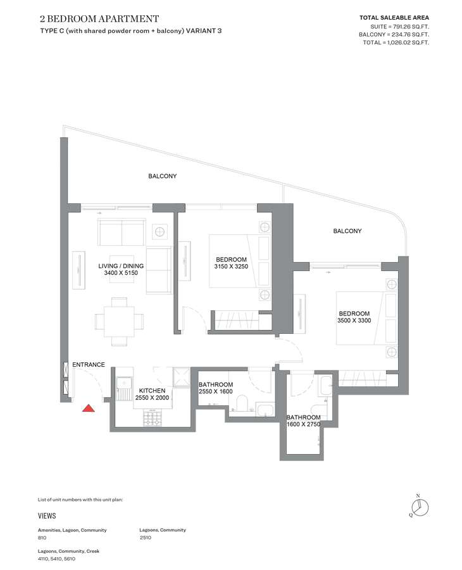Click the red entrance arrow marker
[88, 408]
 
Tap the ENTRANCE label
[88, 364]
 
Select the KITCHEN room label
[152, 390]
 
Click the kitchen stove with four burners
[152, 417]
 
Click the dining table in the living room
[119, 321]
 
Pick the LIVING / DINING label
[121, 266]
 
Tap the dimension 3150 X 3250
[231, 267]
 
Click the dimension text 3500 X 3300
[354, 320]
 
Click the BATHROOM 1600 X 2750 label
[303, 421]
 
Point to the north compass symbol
[420, 507]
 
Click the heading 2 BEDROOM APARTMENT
[99, 18]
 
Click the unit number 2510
[146, 537]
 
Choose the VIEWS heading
[47, 516]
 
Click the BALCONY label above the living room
[163, 176]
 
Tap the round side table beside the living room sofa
[160, 231]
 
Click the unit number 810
[42, 537]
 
